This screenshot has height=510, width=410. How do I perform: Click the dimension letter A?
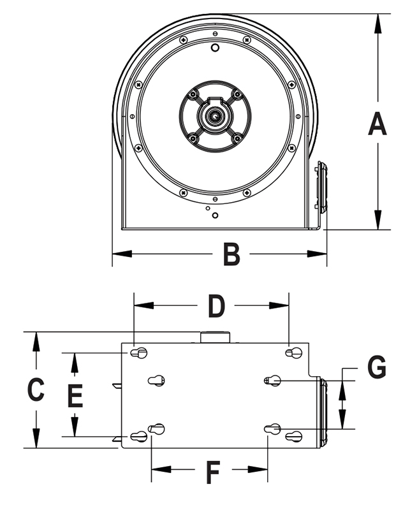pyautogui.click(x=377, y=122)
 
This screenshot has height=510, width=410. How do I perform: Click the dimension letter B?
pyautogui.click(x=231, y=254)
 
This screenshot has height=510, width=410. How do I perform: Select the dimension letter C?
pyautogui.click(x=36, y=389)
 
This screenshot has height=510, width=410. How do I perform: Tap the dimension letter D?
pyautogui.click(x=217, y=306)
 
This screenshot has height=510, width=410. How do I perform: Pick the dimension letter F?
pyautogui.click(x=212, y=472)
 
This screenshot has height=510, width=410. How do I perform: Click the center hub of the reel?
pyautogui.click(x=215, y=115)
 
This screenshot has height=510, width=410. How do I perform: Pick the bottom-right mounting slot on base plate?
pyautogui.click(x=294, y=437)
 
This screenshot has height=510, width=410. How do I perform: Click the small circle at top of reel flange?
pyautogui.click(x=215, y=48)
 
